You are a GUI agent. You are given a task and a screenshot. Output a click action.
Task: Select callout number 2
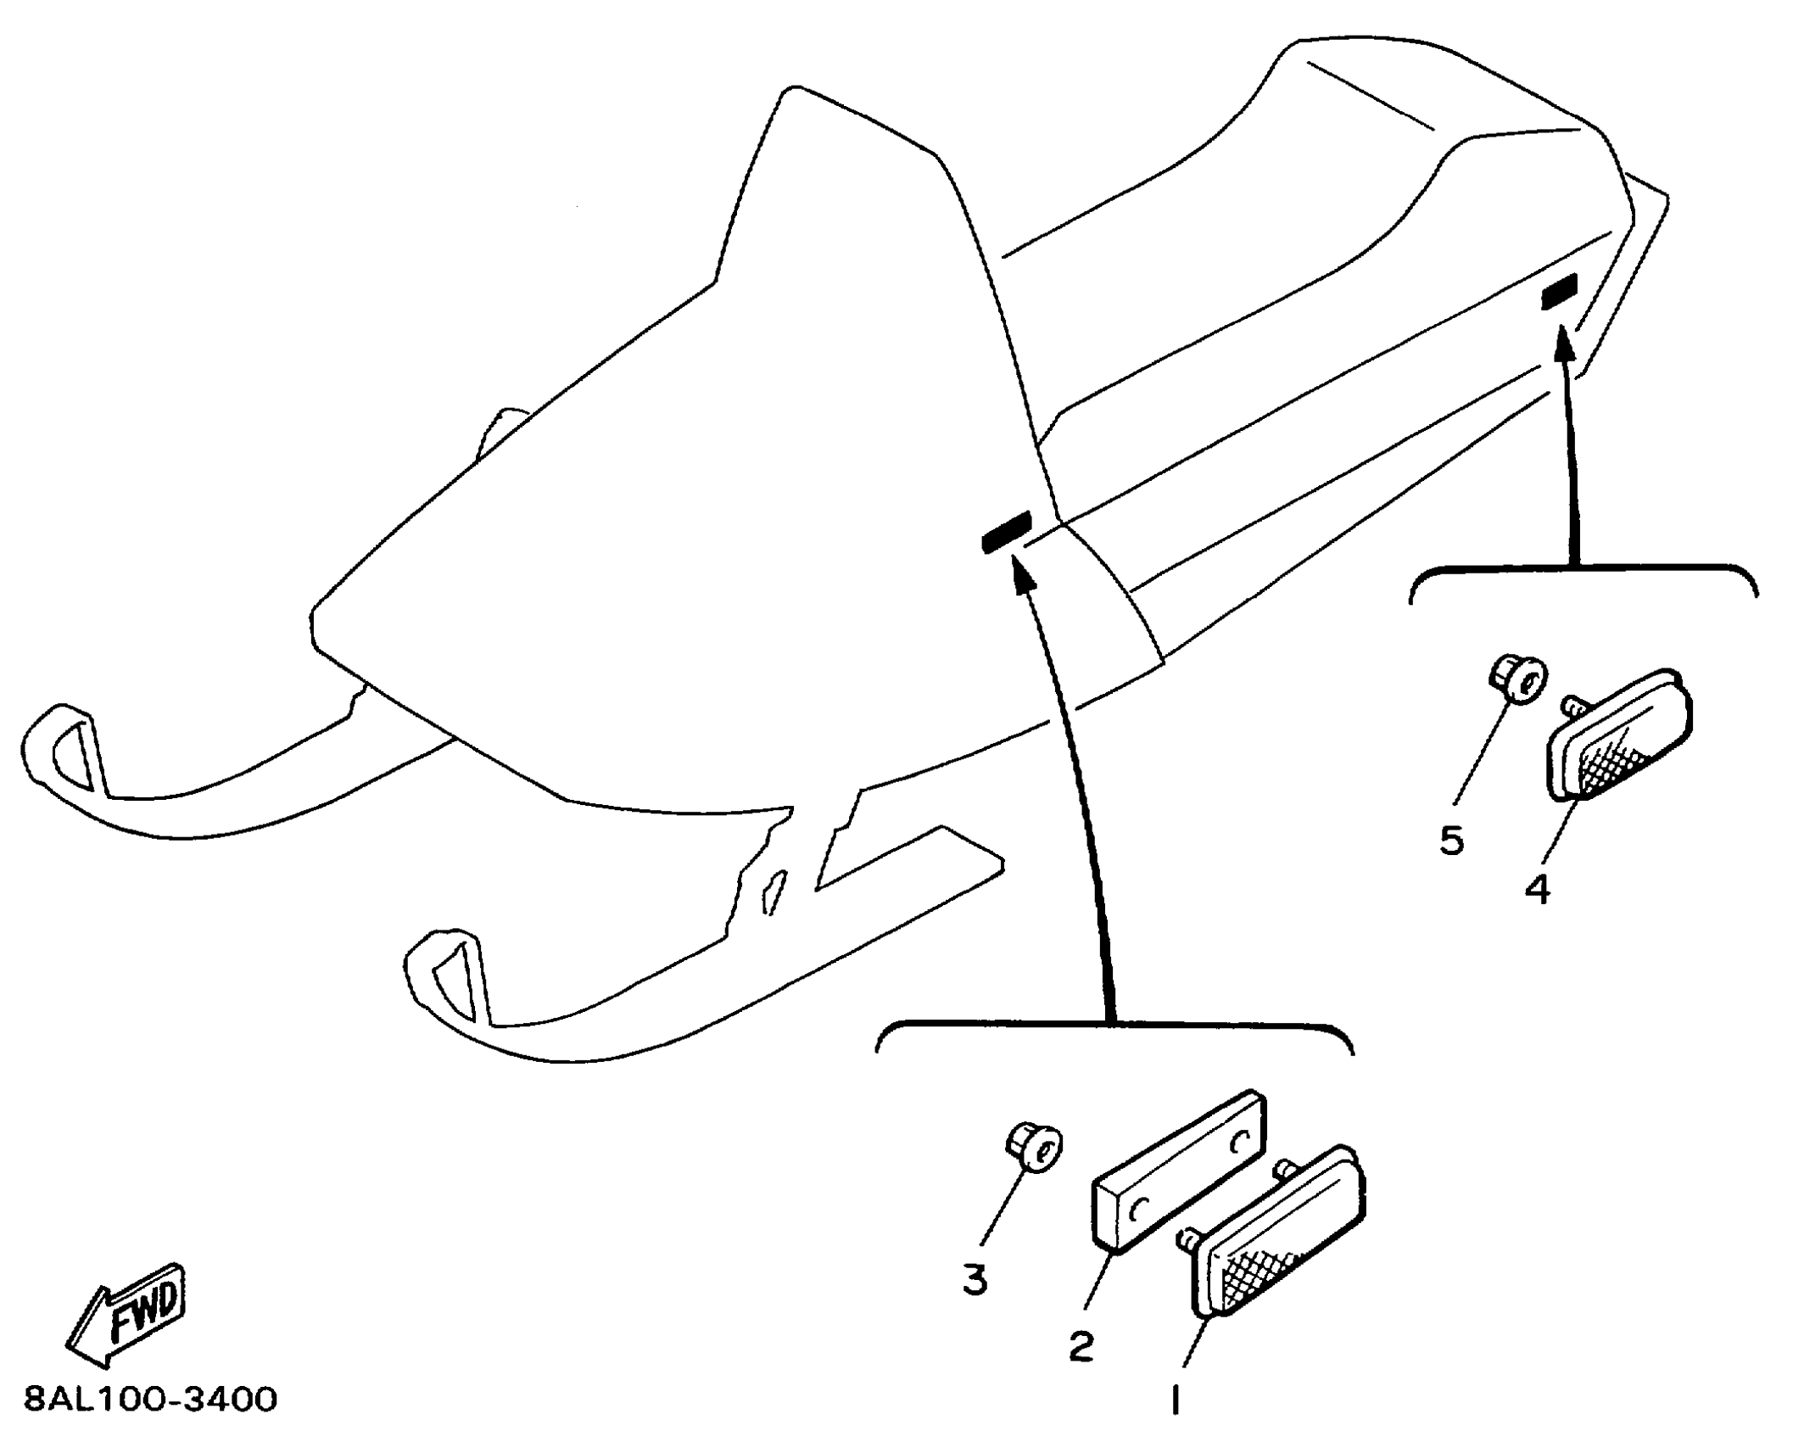[x=1080, y=1346]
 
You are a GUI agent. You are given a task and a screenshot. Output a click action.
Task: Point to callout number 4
[x=1537, y=890]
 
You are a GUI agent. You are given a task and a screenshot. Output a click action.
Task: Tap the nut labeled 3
[x=1035, y=1148]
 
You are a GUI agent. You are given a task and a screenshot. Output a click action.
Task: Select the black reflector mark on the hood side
[x=1006, y=532]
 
